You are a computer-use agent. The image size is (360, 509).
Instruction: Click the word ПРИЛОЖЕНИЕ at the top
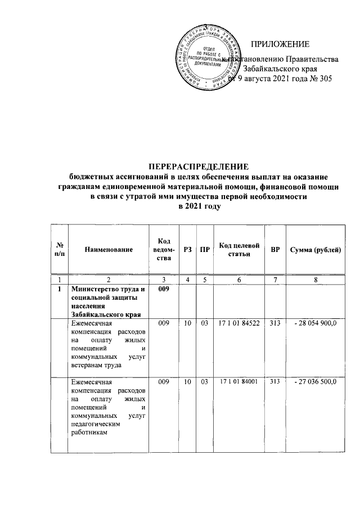[x=280, y=44]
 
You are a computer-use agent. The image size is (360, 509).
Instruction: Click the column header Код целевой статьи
[x=238, y=250]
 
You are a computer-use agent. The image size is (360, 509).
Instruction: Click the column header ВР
[x=275, y=250]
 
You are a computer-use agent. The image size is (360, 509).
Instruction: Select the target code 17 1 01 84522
[x=238, y=325]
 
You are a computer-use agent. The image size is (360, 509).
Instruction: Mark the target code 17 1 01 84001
[x=238, y=382]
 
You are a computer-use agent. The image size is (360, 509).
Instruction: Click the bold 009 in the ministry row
[x=164, y=289]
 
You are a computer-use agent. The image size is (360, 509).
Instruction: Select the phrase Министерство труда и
[x=107, y=290]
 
